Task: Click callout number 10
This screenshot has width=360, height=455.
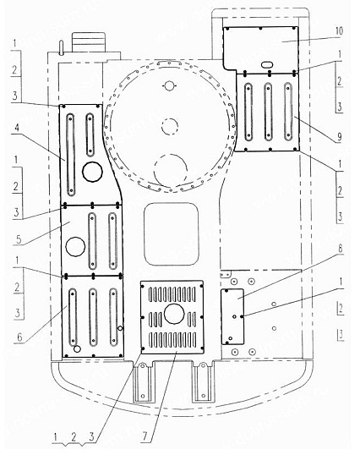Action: click(339, 30)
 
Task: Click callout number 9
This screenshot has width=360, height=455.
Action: click(339, 137)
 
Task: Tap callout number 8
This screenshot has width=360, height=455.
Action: click(340, 249)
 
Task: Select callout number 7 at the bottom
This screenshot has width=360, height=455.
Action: click(145, 436)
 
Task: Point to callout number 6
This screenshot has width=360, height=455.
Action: click(19, 337)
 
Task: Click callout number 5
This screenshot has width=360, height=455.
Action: click(19, 239)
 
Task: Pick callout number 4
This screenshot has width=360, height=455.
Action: click(17, 128)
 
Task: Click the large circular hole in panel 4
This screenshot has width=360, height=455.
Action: click(92, 172)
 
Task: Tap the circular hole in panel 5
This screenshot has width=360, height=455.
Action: click(75, 247)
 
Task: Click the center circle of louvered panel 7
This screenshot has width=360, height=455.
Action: click(174, 314)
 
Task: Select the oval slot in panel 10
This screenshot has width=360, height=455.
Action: click(267, 65)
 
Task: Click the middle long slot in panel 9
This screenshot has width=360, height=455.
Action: click(268, 112)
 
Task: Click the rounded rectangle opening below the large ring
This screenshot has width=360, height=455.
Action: click(172, 234)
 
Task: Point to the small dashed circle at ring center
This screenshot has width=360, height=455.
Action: click(170, 126)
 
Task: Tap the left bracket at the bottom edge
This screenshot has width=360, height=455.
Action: click(143, 382)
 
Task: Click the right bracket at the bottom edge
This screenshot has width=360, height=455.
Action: click(203, 382)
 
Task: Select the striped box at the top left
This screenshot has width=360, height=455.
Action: click(88, 42)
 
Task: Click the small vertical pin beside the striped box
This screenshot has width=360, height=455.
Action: click(61, 48)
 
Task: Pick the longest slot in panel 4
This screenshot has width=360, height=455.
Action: click(70, 155)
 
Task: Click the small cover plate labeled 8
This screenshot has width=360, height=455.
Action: click(232, 316)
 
